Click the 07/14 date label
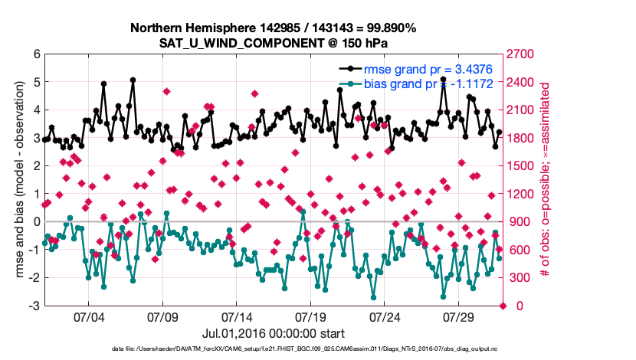coord(237,316)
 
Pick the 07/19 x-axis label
coord(311,316)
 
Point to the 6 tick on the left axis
coord(36,54)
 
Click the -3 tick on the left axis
coord(34,306)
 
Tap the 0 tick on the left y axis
coord(36,222)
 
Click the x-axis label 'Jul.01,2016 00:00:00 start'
coord(273,333)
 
